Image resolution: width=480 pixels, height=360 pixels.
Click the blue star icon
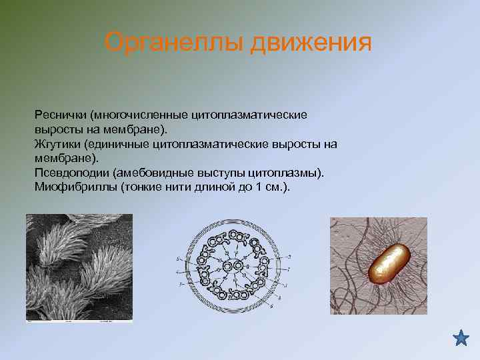pos(461,338)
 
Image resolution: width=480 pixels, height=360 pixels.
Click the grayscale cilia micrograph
pos(79,268)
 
